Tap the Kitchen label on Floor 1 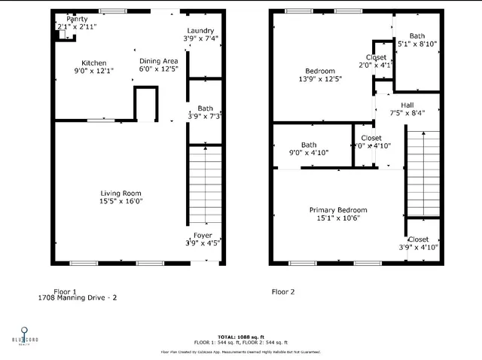tap(94, 63)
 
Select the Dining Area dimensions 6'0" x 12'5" tap(158, 69)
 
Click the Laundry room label tap(200, 31)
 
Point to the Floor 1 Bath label tap(205, 108)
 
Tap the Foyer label tap(204, 236)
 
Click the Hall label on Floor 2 tap(407, 105)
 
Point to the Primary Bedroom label tap(337, 210)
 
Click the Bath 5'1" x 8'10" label tap(416, 36)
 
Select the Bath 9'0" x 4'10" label tap(308, 145)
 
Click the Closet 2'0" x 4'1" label tap(376, 57)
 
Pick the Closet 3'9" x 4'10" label tap(418, 239)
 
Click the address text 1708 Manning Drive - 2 tap(78, 298)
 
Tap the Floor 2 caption tap(282, 290)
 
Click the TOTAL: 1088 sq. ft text tap(240, 337)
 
